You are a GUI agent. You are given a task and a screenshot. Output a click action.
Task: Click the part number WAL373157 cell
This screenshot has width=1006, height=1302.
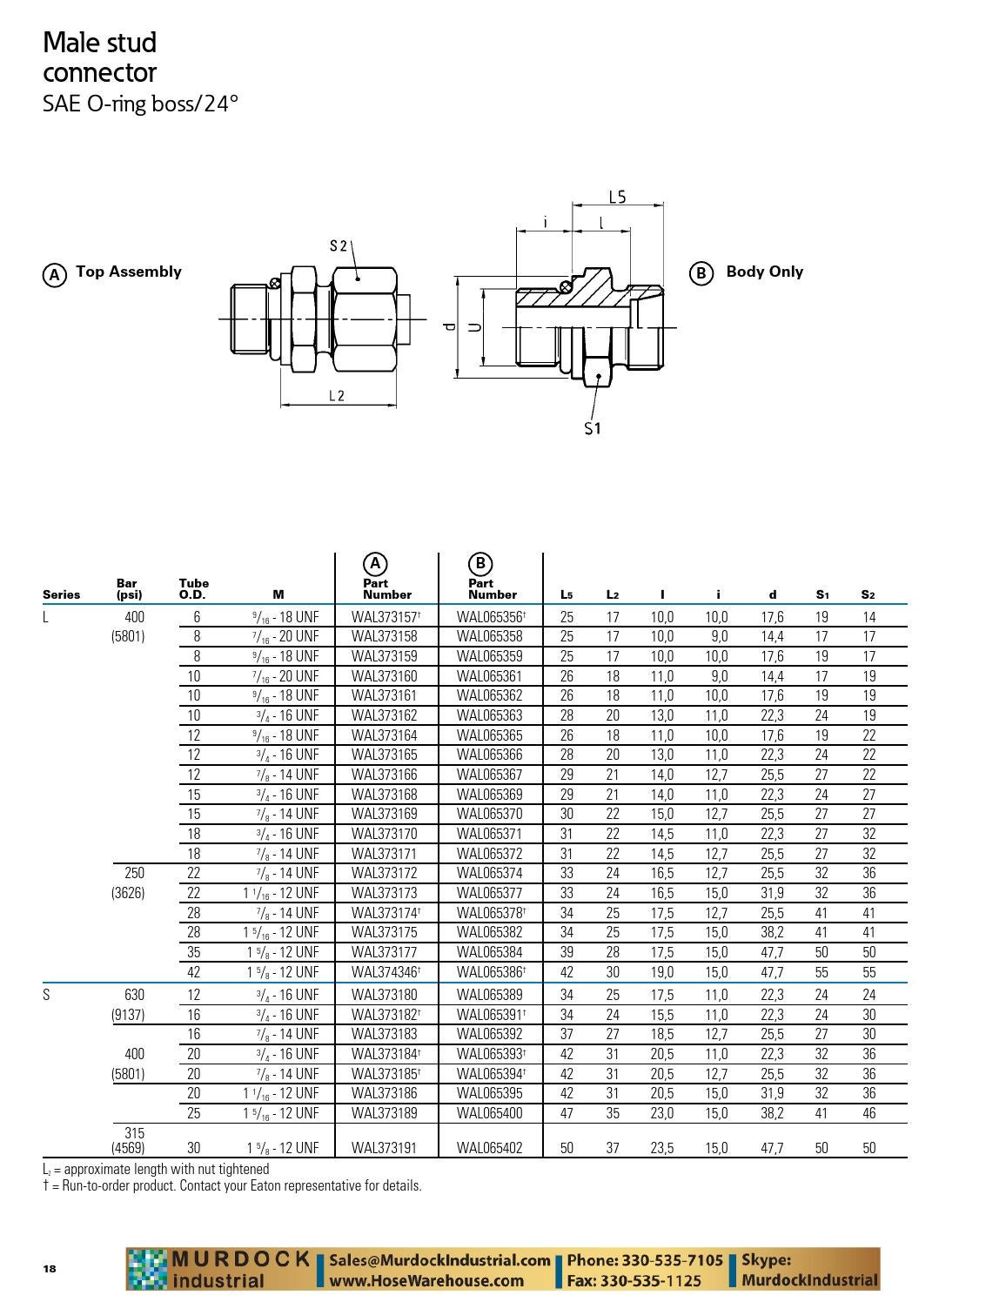[386, 617]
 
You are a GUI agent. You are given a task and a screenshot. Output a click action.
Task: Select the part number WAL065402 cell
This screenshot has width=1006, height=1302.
[489, 1148]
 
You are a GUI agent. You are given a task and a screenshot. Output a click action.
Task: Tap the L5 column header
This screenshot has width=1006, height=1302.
[567, 595]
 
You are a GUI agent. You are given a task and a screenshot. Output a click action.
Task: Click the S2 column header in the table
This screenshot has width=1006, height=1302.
[868, 595]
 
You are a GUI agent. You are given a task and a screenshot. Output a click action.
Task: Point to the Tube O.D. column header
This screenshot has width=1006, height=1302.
[193, 589]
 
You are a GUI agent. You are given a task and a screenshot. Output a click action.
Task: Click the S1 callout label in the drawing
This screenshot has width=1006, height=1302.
[593, 428]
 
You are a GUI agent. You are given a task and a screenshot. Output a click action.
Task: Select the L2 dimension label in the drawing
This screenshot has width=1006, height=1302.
[337, 396]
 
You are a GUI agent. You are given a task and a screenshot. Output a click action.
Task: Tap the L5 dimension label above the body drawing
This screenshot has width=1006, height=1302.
[617, 198]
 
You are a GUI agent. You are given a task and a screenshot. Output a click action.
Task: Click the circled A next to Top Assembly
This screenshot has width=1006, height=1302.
[55, 275]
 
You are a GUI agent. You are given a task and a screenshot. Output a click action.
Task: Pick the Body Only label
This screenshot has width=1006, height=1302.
[764, 272]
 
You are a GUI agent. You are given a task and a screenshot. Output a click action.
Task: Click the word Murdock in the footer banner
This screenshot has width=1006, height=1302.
[240, 1258]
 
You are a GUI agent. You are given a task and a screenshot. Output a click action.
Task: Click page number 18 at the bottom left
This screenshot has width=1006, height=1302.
[50, 1268]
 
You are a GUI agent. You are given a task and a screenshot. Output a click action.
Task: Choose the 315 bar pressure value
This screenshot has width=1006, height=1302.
[134, 1133]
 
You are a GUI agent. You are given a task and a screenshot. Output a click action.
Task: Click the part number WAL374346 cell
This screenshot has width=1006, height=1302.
[386, 972]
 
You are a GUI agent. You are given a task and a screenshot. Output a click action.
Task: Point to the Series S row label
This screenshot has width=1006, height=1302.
[46, 995]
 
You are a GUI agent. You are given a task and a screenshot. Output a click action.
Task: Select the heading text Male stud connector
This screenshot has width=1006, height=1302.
[100, 57]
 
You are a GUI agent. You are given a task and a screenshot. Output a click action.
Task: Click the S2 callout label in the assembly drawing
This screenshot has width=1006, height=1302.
[339, 246]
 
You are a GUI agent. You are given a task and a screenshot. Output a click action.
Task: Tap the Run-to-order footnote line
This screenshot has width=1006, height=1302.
[232, 1185]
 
